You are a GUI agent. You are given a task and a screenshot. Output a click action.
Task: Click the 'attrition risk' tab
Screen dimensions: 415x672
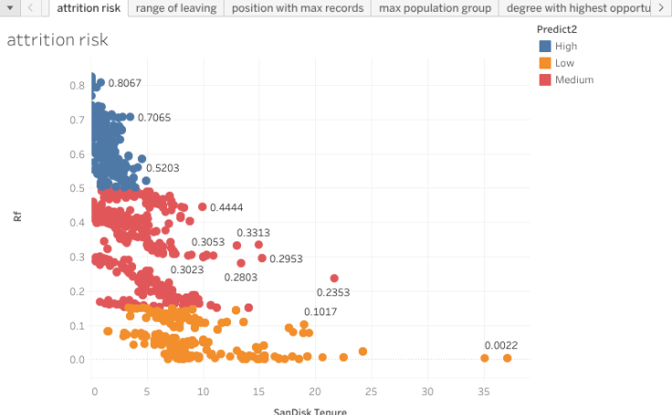click(x=88, y=8)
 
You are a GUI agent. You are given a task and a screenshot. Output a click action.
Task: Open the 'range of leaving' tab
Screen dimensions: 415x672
click(x=176, y=8)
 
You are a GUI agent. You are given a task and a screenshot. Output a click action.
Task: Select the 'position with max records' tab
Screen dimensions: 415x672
click(x=298, y=8)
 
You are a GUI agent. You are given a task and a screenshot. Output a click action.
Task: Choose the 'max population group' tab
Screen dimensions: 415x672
click(x=436, y=8)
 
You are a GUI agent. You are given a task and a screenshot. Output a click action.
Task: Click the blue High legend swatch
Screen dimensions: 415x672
click(x=545, y=46)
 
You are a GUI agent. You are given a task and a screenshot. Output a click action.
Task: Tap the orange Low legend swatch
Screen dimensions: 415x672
click(x=545, y=63)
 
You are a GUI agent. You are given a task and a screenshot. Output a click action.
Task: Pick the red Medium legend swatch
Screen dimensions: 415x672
click(x=545, y=80)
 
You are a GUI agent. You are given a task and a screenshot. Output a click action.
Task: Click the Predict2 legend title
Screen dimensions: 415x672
click(x=557, y=29)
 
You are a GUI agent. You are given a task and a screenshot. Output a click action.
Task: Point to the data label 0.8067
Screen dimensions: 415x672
click(x=124, y=83)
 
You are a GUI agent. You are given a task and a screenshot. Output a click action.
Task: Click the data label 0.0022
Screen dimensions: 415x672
click(x=501, y=345)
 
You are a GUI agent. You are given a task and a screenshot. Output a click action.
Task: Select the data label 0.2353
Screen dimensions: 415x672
click(x=333, y=293)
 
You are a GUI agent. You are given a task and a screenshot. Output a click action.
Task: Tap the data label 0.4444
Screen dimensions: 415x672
click(x=226, y=207)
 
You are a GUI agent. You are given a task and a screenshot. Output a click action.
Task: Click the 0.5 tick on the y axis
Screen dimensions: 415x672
click(x=78, y=188)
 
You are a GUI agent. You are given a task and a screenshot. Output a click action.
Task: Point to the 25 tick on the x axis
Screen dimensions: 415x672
click(x=372, y=391)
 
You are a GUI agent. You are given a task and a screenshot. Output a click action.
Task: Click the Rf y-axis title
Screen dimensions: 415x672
click(x=16, y=217)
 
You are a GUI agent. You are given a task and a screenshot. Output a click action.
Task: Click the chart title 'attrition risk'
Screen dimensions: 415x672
click(x=57, y=40)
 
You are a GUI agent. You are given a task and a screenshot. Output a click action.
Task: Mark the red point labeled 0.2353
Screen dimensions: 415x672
click(x=334, y=278)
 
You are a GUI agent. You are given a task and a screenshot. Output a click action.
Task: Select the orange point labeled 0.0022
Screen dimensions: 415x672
click(x=507, y=358)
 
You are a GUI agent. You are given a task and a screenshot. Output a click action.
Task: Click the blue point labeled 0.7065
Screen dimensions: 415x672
click(x=130, y=117)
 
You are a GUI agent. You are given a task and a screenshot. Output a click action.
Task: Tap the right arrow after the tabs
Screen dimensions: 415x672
click(x=661, y=8)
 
